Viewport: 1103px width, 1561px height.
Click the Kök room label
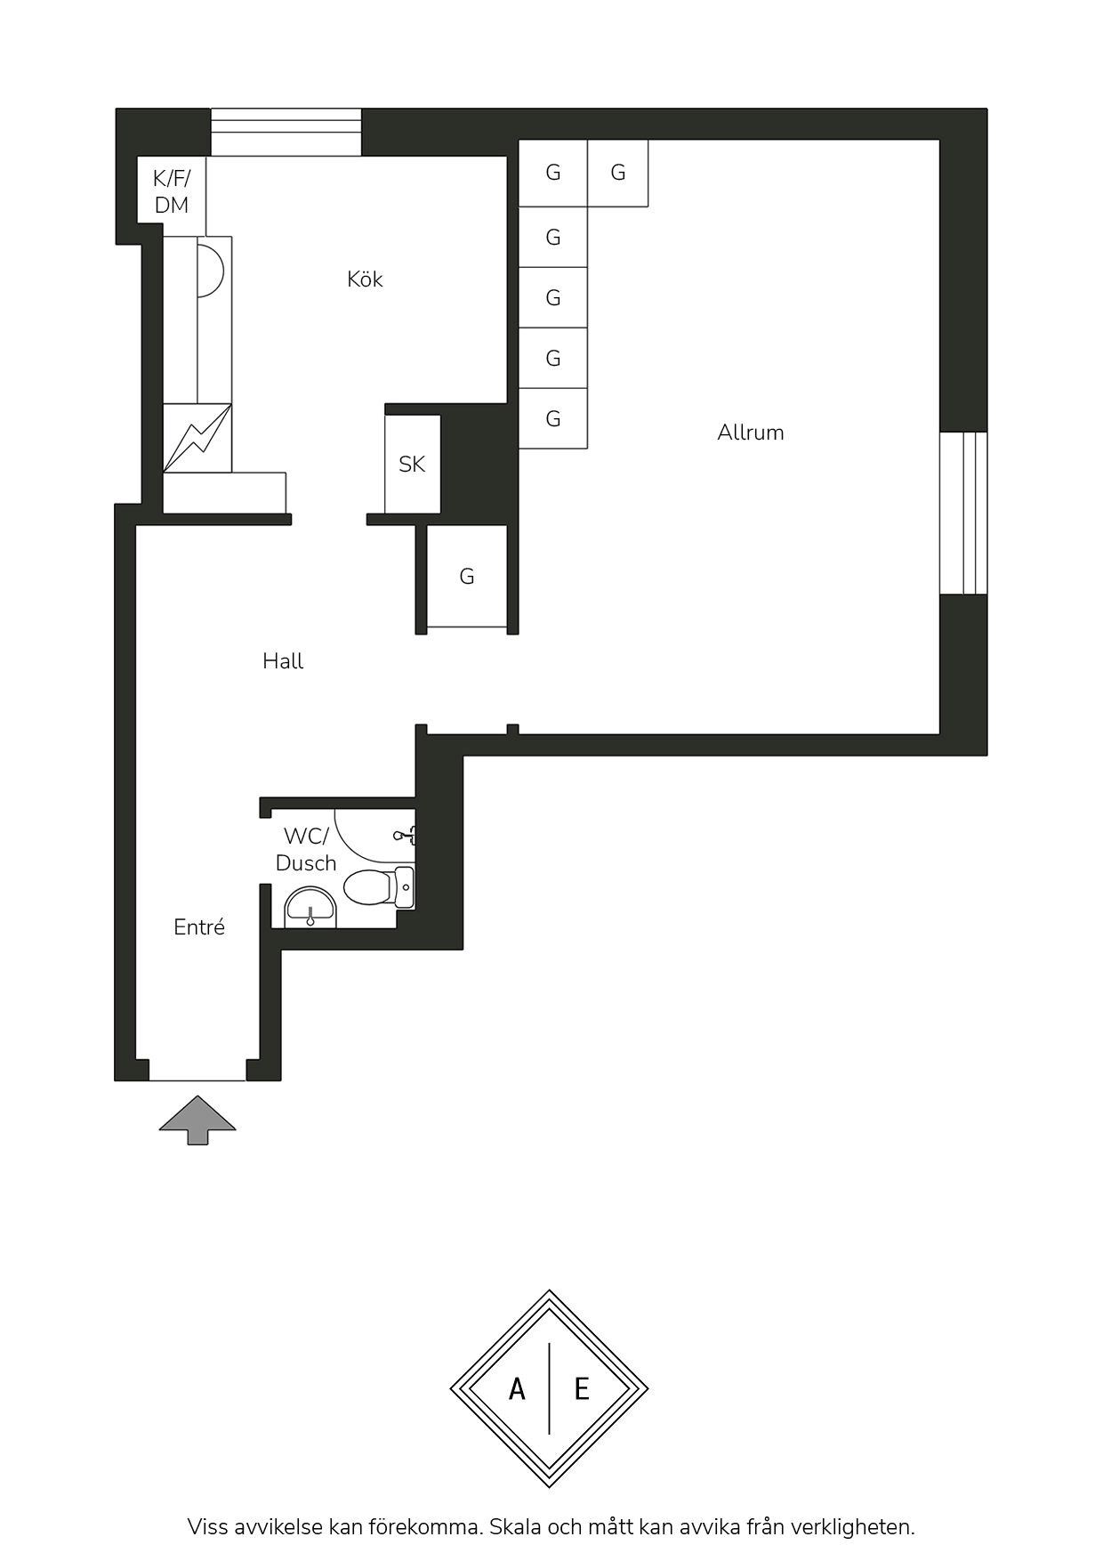365,279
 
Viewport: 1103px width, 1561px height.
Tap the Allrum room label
751,433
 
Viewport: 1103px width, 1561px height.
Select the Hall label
283,661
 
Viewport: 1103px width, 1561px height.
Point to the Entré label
199,927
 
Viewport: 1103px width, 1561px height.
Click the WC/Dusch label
306,850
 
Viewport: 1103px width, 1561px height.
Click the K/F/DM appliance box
172,190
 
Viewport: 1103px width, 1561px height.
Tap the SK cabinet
412,464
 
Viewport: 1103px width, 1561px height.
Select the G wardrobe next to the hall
467,576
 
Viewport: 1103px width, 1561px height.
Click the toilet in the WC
379,887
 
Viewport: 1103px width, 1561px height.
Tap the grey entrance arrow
197,1120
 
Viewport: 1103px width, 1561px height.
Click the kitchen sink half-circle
209,270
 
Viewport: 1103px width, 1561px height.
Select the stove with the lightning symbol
197,438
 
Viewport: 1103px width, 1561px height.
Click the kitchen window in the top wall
286,132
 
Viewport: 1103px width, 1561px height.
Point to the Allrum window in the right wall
963,513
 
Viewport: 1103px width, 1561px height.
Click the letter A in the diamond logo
517,1388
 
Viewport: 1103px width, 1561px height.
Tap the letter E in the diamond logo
582,1388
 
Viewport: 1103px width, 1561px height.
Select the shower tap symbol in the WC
405,835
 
